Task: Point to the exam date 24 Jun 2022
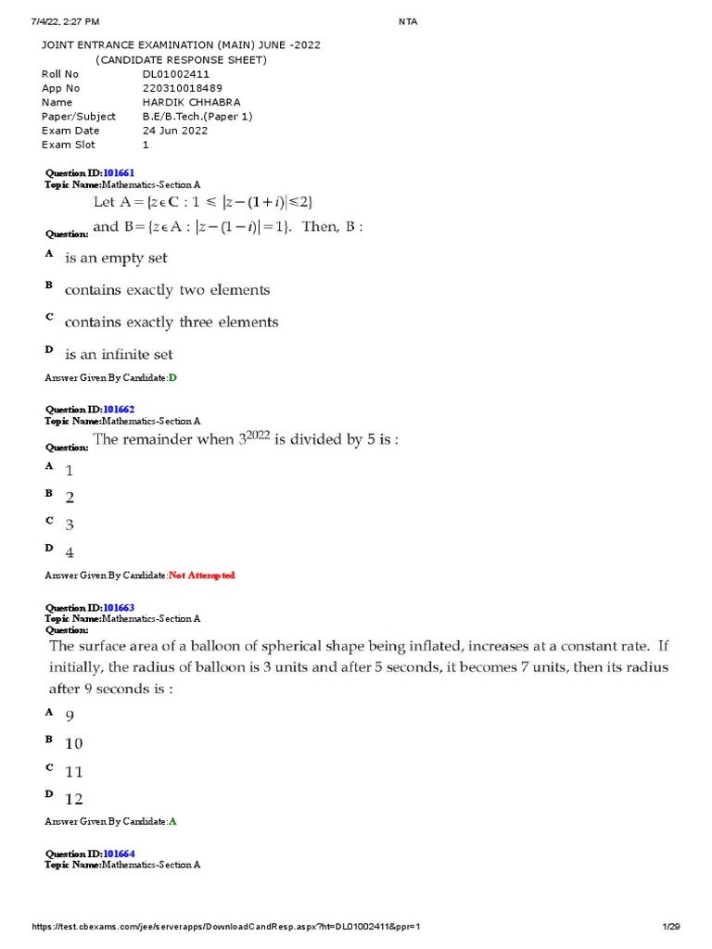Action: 175,131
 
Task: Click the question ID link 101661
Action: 119,173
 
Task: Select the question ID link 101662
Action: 119,409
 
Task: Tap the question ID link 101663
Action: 119,608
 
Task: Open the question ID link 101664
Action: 119,854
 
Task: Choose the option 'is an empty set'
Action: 116,258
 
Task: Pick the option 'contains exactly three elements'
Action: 172,323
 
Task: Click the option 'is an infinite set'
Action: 119,354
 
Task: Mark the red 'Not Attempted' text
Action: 202,576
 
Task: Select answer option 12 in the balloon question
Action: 74,799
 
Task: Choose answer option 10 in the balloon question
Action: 74,743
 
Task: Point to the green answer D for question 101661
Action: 172,378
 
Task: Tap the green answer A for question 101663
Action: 172,822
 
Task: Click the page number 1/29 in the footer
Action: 671,927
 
